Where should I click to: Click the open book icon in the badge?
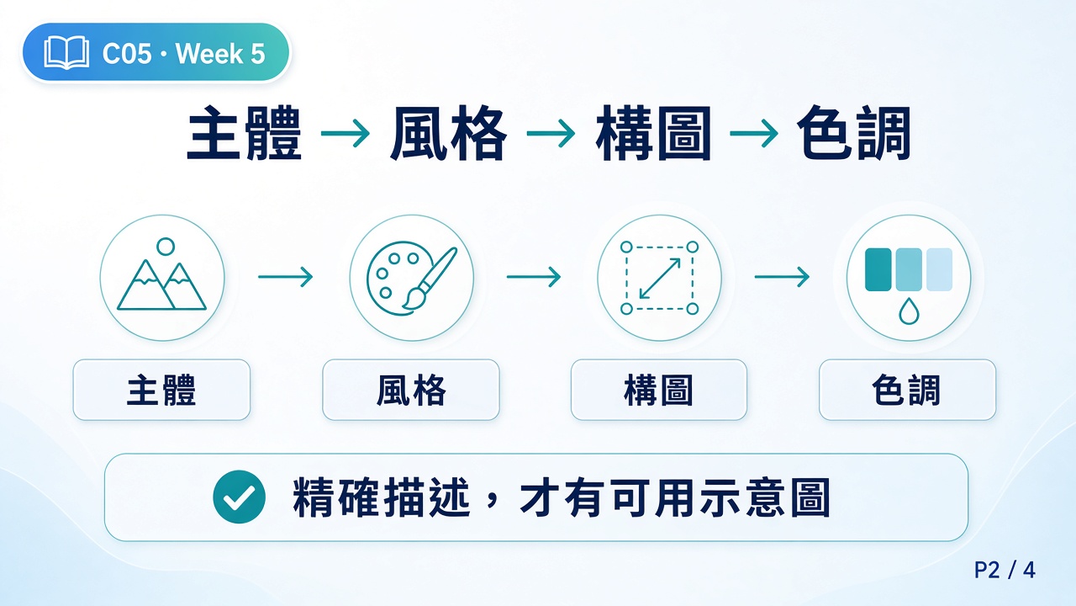coord(66,52)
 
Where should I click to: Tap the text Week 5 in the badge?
coord(220,53)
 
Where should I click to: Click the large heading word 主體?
coord(244,133)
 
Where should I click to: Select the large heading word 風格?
coord(448,133)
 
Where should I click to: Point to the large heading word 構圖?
coord(653,133)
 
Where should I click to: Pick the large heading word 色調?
coord(853,133)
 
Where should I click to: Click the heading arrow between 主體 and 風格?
coord(345,133)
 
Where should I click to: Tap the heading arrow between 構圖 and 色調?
coord(754,133)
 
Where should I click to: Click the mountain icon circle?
coord(162,278)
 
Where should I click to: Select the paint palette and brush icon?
coord(412,278)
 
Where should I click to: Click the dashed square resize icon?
coord(660,278)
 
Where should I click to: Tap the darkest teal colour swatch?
coord(878,270)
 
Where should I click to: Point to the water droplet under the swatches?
coord(909,311)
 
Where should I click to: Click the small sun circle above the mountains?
coord(166,247)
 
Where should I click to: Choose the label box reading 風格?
coord(411,390)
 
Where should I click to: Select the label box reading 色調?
coord(907,390)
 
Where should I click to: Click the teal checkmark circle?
coord(240,497)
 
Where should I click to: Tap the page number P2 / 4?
coord(1005,571)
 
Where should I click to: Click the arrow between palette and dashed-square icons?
coord(534,277)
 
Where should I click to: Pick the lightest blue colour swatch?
coord(940,270)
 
